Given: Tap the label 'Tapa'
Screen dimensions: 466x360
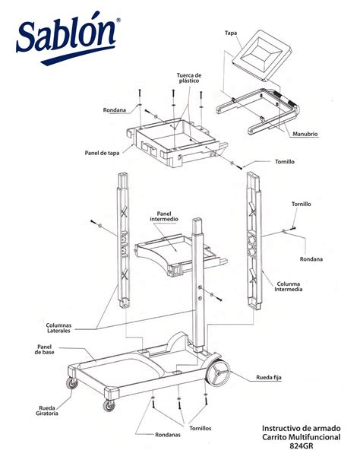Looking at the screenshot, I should click(232, 33).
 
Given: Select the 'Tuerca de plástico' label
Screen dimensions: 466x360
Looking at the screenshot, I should click(189, 79).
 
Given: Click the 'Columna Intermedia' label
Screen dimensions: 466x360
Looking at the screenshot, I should click(289, 286).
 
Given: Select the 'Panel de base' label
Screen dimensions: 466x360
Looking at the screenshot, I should click(44, 350).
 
